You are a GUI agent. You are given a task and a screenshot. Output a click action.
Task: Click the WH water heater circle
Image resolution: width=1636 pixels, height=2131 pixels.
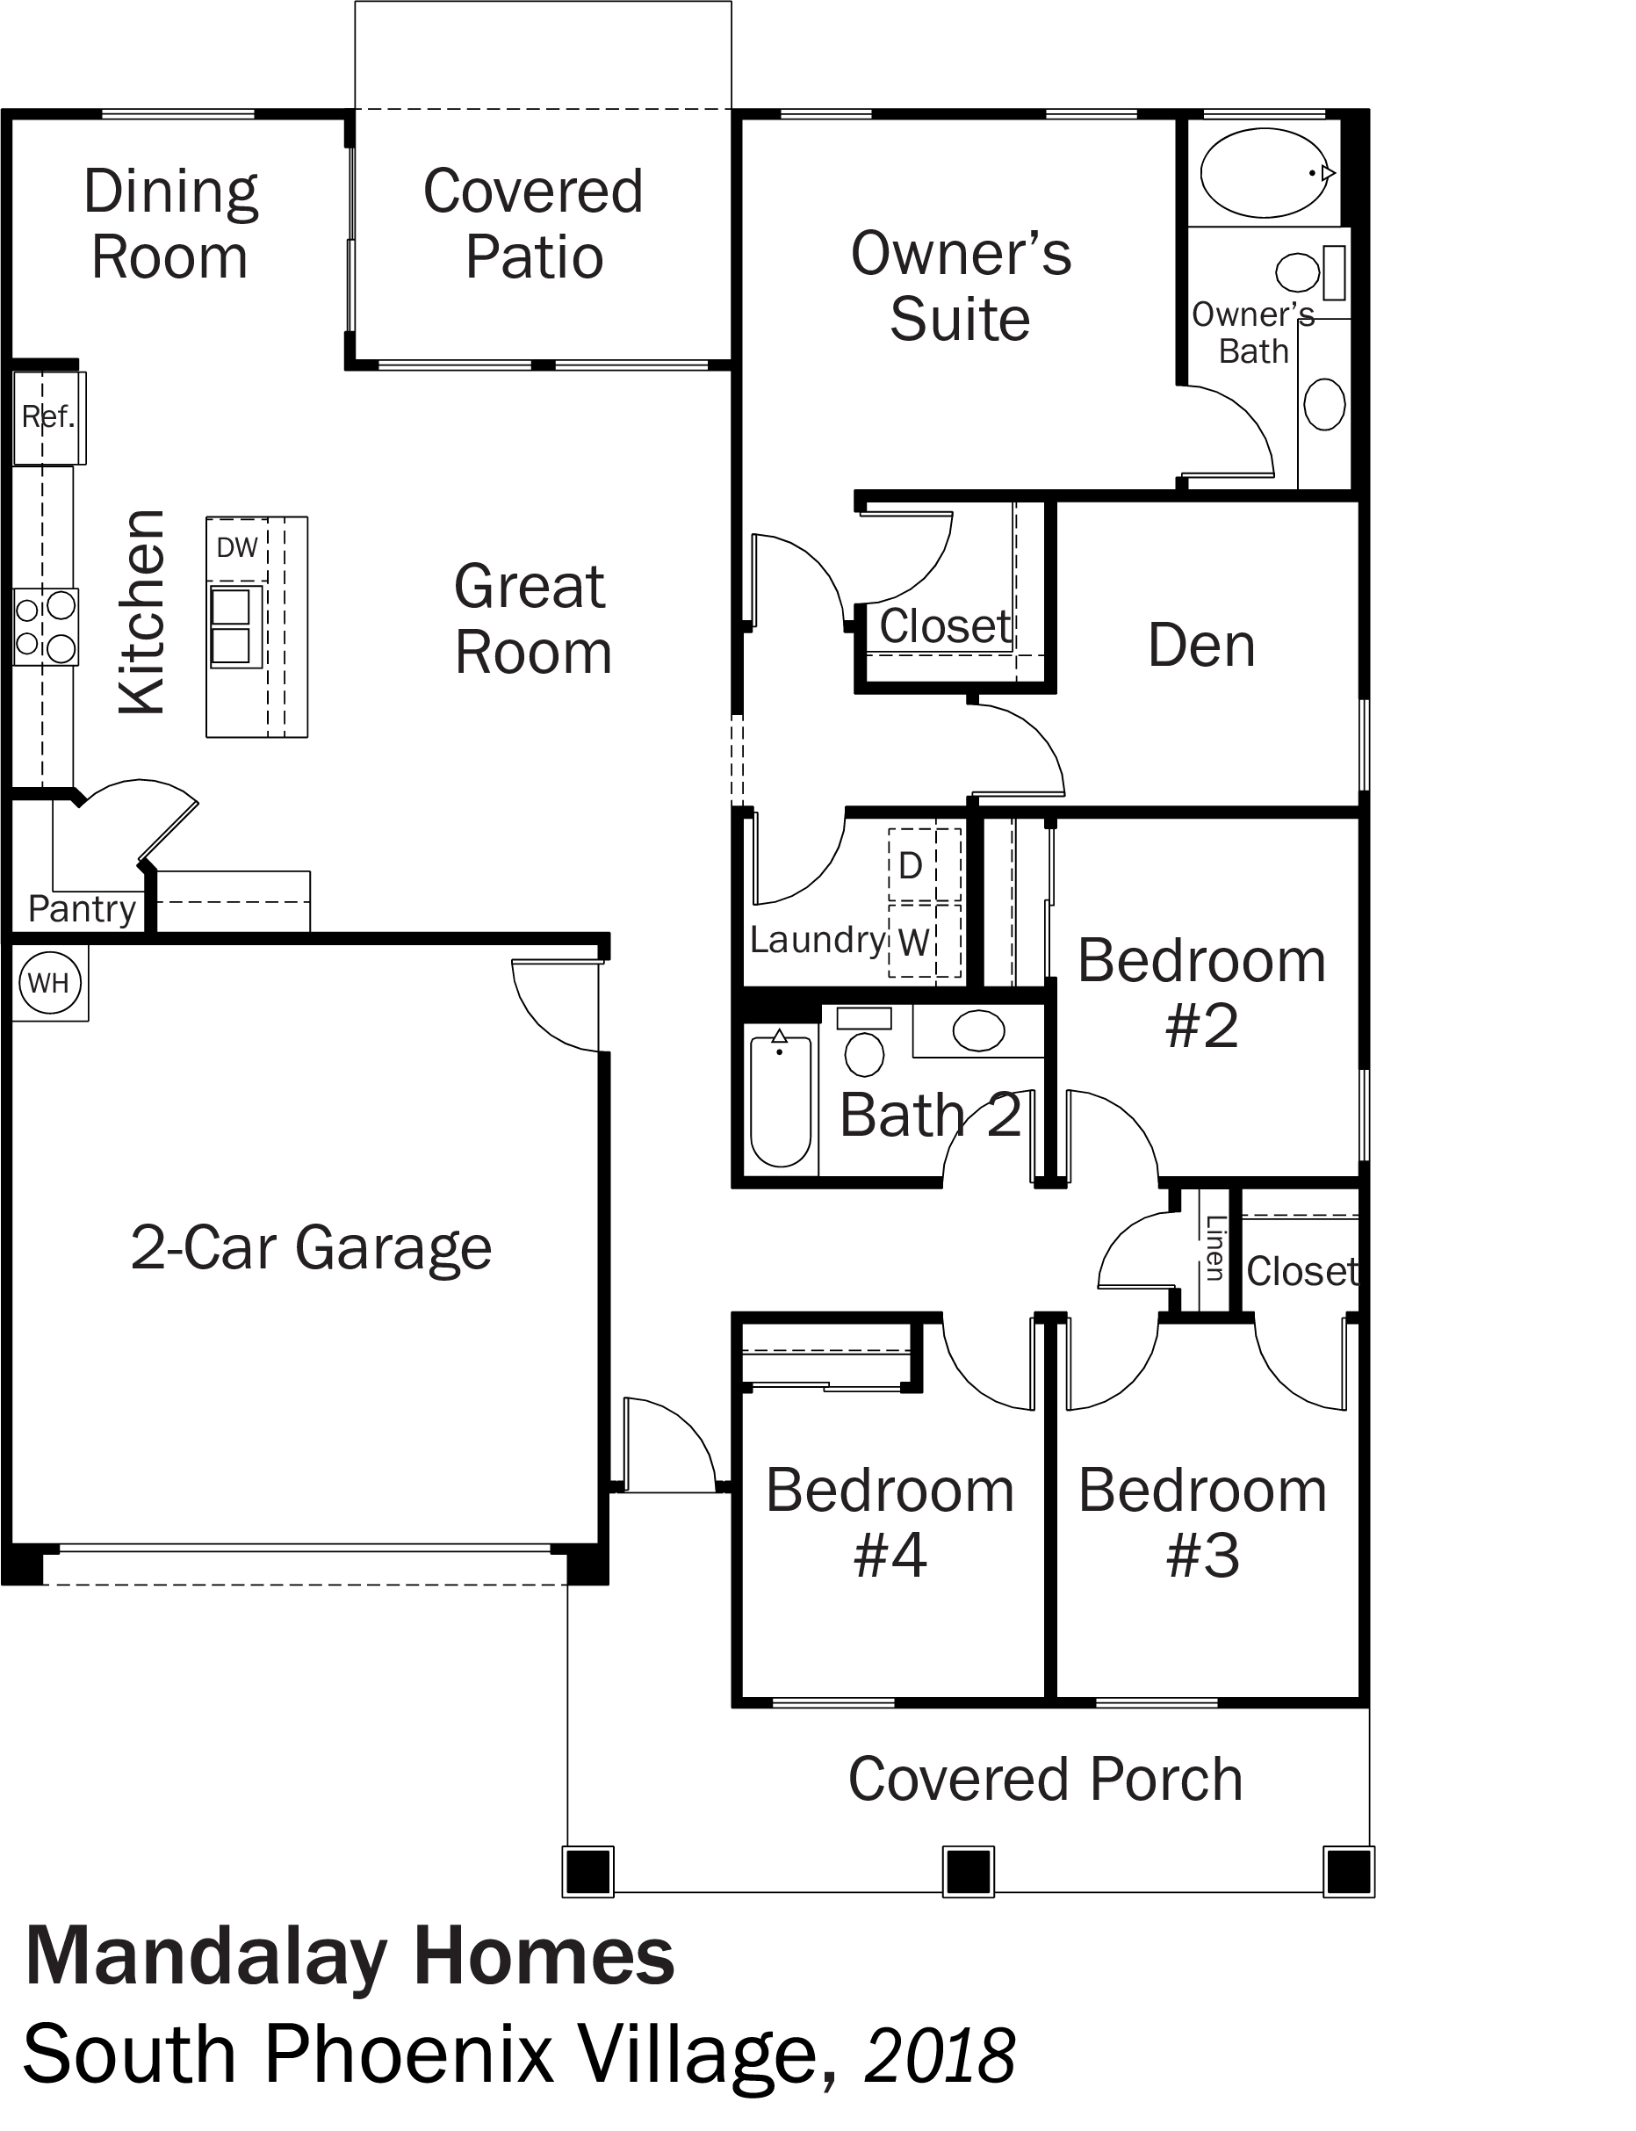click(x=48, y=983)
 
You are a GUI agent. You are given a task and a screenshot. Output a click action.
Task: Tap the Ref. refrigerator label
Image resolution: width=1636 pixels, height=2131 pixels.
click(x=47, y=417)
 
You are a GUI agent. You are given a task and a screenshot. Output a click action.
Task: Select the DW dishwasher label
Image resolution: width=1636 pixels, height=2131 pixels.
click(x=236, y=547)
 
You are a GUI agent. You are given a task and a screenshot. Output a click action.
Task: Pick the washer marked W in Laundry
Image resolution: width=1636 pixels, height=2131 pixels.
click(x=912, y=942)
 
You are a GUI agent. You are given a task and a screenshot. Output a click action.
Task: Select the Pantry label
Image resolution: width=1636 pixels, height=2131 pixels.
click(x=82, y=910)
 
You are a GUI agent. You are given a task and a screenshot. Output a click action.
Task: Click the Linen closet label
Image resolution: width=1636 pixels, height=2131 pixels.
click(x=1214, y=1247)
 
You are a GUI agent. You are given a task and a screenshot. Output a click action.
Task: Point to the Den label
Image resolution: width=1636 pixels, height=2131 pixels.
click(x=1201, y=645)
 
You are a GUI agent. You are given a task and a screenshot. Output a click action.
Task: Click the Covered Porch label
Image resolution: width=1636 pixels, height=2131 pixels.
click(x=1045, y=1780)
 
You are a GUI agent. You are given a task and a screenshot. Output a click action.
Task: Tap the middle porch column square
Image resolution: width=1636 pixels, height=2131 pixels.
click(x=968, y=1871)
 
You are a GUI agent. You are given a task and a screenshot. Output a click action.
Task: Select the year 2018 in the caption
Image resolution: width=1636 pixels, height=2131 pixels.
click(x=940, y=2056)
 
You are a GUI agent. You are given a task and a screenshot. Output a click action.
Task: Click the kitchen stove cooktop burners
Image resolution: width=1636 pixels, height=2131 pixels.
click(x=46, y=626)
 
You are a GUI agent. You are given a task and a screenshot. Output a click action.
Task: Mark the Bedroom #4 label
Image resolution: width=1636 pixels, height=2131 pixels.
click(x=890, y=1522)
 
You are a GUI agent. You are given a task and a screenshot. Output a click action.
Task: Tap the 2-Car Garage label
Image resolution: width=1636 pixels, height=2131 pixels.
click(x=311, y=1247)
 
